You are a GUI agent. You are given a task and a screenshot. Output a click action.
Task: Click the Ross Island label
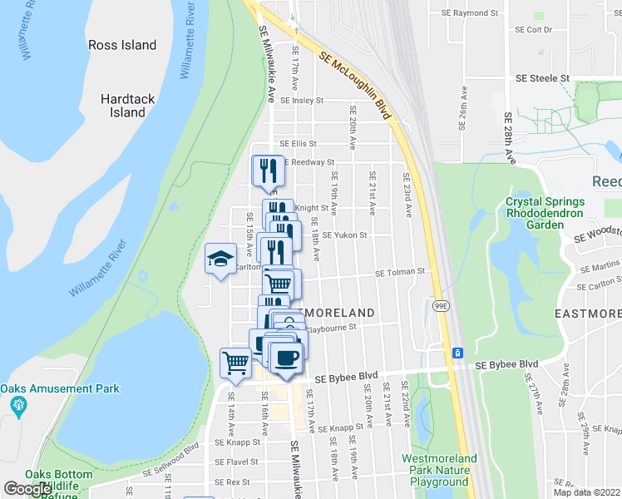coord(123,45)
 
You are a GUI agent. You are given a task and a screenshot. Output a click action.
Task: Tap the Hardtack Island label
coord(127,106)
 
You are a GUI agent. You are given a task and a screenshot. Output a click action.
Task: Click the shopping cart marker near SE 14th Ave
coord(235,363)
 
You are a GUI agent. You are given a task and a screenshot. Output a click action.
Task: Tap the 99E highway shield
coord(441,306)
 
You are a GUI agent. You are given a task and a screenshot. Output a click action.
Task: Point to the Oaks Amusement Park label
coord(60,388)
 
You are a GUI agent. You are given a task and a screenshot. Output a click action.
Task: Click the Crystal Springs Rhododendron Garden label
coord(545,213)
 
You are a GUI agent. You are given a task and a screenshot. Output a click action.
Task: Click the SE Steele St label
coord(542,78)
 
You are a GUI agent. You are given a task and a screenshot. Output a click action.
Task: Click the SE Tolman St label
coord(400,272)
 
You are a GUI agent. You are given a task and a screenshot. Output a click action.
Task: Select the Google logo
coord(27,489)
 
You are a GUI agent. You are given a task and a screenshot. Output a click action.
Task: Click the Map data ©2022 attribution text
coord(586,492)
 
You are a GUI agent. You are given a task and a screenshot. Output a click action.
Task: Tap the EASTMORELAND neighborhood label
coord(588,314)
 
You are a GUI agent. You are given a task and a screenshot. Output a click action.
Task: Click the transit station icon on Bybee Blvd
coord(457,353)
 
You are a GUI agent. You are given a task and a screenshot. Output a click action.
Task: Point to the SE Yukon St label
coord(344,235)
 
